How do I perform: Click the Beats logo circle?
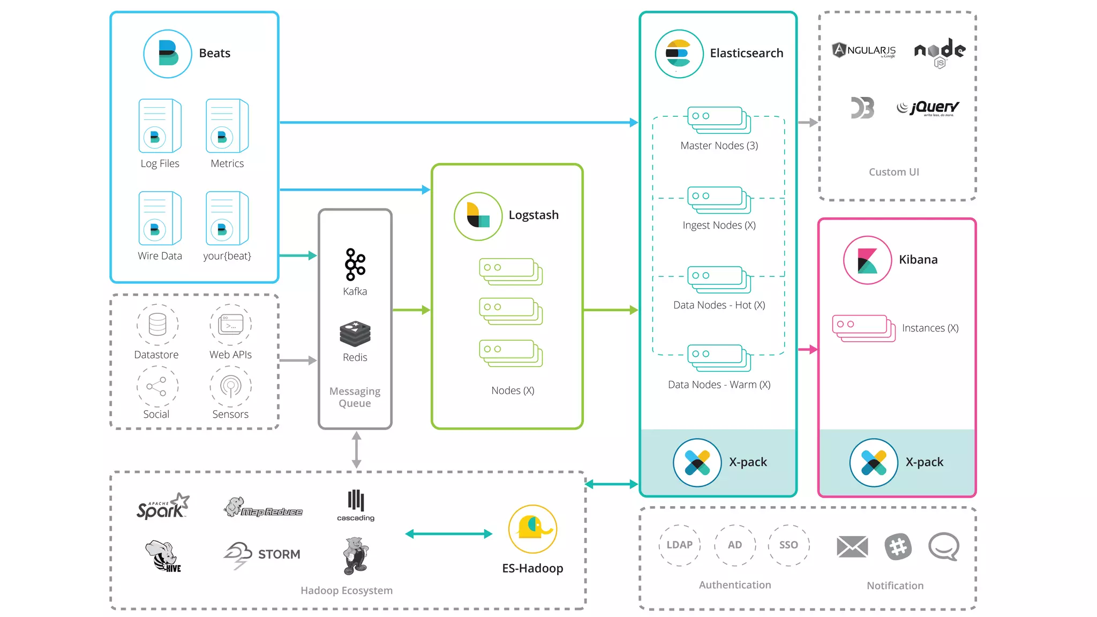[x=168, y=54]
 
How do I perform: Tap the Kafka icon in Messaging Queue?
[x=355, y=265]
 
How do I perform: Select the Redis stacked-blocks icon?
[x=355, y=334]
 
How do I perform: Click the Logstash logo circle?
[x=478, y=216]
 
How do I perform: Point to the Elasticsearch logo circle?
[x=679, y=54]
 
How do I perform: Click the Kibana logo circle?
[x=867, y=260]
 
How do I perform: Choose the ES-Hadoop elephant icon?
[x=532, y=529]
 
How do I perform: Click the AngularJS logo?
[x=863, y=50]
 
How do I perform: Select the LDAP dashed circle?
[x=679, y=545]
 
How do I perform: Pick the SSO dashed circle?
[x=788, y=545]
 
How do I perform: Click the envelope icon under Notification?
[x=852, y=547]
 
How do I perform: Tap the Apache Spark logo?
[x=162, y=507]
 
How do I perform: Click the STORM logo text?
[x=279, y=554]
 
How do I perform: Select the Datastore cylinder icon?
[x=157, y=325]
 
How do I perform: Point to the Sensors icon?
[x=230, y=386]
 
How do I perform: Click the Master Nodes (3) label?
[x=719, y=146]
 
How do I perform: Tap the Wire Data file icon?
[x=159, y=219]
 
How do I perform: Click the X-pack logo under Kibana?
[x=873, y=463]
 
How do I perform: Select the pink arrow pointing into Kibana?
[x=808, y=349]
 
